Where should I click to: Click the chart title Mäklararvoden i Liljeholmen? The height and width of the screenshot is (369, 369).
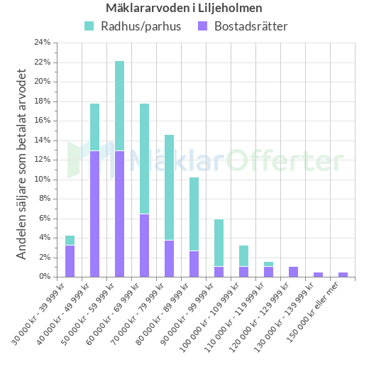coord(184,9)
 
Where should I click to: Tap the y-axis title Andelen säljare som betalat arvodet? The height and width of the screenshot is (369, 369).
coord(22,164)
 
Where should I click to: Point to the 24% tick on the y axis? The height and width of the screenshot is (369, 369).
coord(43,43)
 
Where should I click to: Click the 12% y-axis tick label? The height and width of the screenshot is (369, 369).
coord(43,160)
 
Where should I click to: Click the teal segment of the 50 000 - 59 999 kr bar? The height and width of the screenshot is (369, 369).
coord(120,106)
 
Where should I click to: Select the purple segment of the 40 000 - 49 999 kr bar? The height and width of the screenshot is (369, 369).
coord(95,214)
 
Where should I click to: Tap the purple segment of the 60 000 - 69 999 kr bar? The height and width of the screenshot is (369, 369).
coord(145,245)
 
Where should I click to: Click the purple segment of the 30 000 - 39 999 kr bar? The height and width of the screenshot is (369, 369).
coord(70,260)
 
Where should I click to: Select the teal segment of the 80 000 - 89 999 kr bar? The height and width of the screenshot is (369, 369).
coord(194,214)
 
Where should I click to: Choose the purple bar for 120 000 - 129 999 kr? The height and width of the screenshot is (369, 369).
coord(294,271)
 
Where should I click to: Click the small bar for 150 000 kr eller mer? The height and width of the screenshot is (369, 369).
coord(343,274)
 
